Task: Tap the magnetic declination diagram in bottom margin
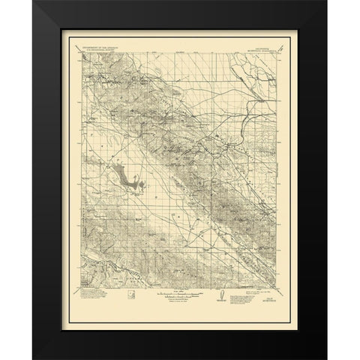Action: pos(223,295)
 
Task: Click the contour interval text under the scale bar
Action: pos(178,302)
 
